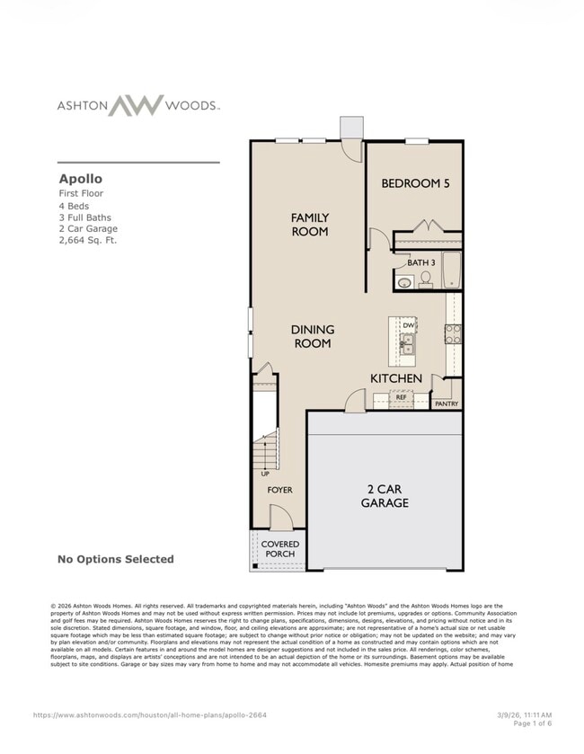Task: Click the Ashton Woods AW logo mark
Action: [x=137, y=105]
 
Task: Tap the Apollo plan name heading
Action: [x=82, y=178]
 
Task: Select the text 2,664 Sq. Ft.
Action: [x=88, y=240]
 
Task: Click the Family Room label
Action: [x=309, y=225]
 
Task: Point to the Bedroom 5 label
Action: [x=415, y=183]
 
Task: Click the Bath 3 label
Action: [x=420, y=262]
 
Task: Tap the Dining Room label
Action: [x=312, y=336]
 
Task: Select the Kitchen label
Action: [x=396, y=378]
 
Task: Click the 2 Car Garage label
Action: [x=385, y=496]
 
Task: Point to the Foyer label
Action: [x=279, y=490]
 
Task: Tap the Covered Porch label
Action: [x=279, y=548]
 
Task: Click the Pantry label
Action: [x=447, y=404]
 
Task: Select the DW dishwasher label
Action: [x=408, y=325]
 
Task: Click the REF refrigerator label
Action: [x=402, y=396]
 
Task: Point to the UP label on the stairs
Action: [x=265, y=473]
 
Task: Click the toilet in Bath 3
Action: [x=426, y=279]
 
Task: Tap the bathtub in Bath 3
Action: [x=451, y=270]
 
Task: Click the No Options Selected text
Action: [x=116, y=559]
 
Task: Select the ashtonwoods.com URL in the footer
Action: [x=150, y=715]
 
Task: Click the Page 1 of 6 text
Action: [x=532, y=723]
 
